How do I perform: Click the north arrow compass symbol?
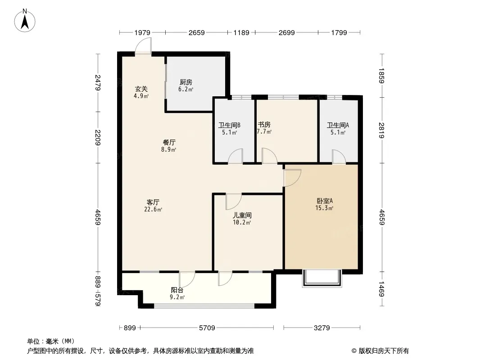click(25, 21)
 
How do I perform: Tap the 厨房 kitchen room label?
click(186, 82)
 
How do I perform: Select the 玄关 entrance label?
click(141, 89)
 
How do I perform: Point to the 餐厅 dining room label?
click(169, 143)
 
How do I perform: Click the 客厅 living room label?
click(153, 202)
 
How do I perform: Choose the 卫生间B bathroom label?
click(229, 126)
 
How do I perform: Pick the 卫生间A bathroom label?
click(338, 126)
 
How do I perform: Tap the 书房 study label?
click(264, 125)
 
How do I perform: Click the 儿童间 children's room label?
click(242, 216)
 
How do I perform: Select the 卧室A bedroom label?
click(325, 201)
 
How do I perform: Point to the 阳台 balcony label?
click(177, 290)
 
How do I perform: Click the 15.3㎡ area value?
click(324, 208)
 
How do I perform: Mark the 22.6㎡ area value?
click(153, 210)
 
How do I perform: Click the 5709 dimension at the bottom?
click(207, 328)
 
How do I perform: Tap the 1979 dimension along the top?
click(142, 32)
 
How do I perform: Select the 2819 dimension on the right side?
click(381, 130)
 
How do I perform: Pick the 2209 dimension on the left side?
click(98, 137)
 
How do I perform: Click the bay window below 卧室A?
click(322, 279)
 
